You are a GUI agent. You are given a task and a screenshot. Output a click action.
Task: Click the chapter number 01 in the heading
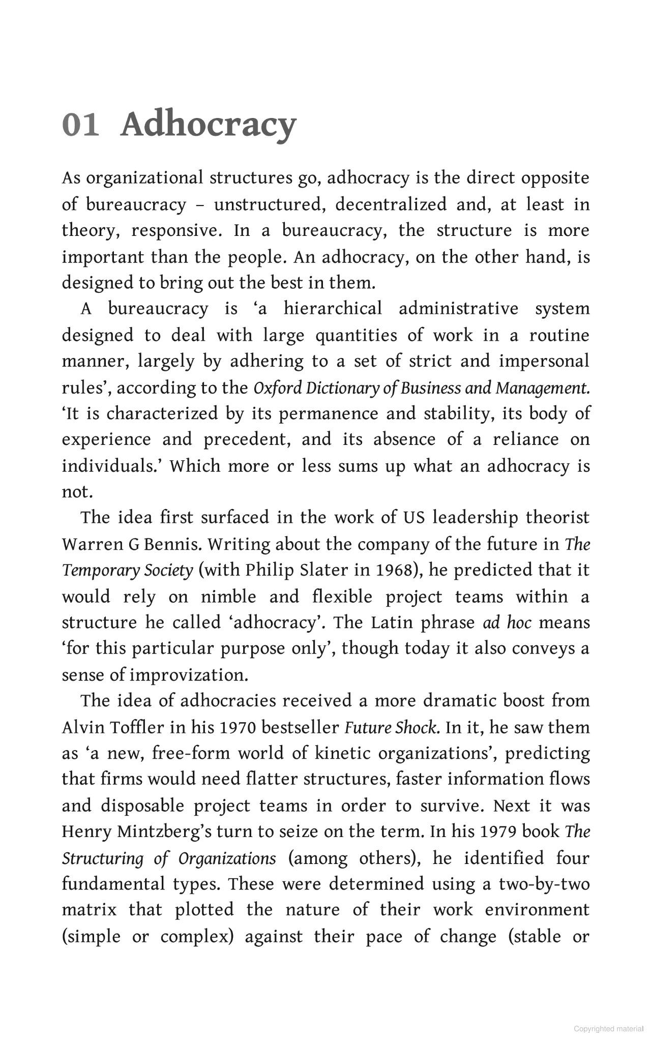(x=80, y=125)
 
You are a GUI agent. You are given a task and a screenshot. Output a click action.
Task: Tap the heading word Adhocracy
(x=208, y=125)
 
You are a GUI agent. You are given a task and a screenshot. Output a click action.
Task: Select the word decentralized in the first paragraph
(x=390, y=204)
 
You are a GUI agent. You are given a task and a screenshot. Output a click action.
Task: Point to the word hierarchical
(x=333, y=309)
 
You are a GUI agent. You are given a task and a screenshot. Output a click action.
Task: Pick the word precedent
(x=247, y=439)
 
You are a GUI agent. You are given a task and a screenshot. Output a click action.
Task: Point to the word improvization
(x=189, y=675)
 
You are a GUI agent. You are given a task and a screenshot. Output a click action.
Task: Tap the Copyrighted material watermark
(x=608, y=1029)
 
